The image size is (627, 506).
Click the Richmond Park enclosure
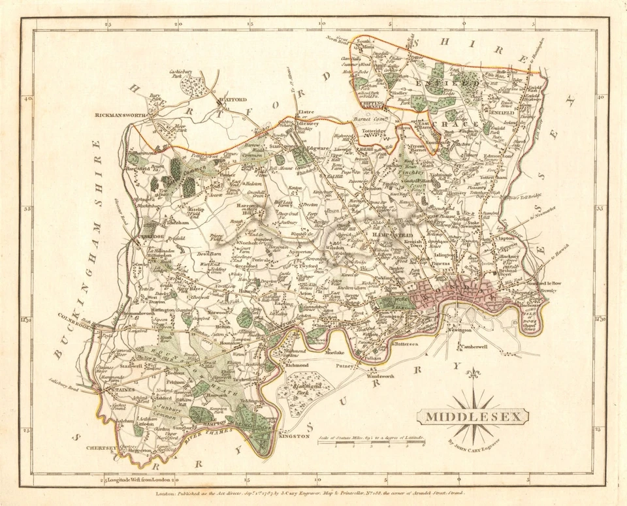pyautogui.click(x=302, y=390)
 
